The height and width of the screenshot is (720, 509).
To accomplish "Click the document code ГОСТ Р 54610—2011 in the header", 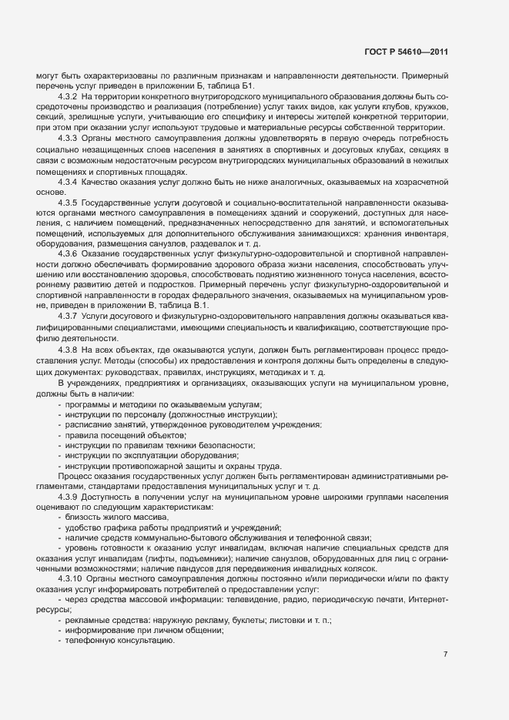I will (406, 52).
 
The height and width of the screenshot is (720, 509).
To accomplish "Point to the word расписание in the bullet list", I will (88, 426).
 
